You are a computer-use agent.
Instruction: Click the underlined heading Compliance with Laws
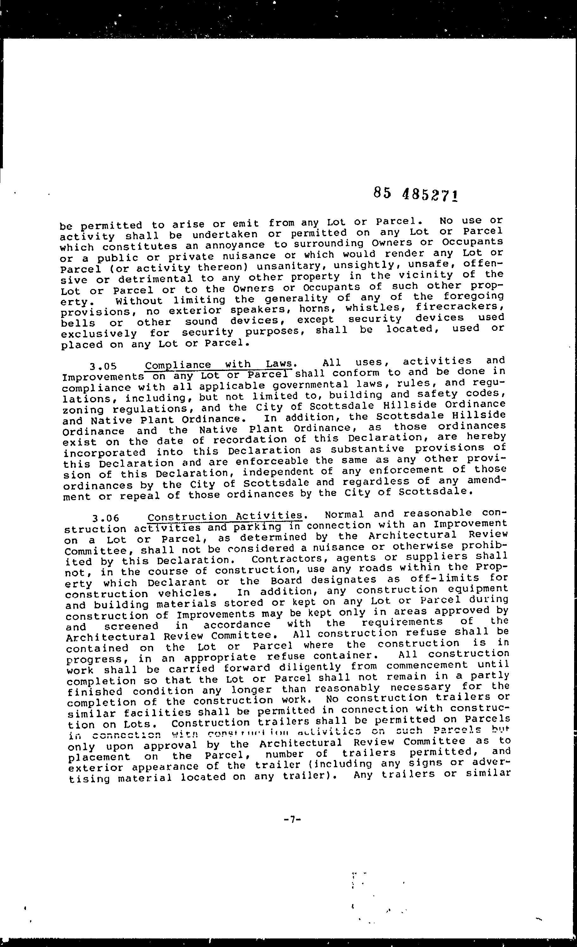(x=220, y=364)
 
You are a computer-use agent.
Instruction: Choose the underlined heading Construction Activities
(x=225, y=516)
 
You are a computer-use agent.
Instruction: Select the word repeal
(x=140, y=495)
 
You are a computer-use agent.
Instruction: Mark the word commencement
(x=427, y=665)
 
